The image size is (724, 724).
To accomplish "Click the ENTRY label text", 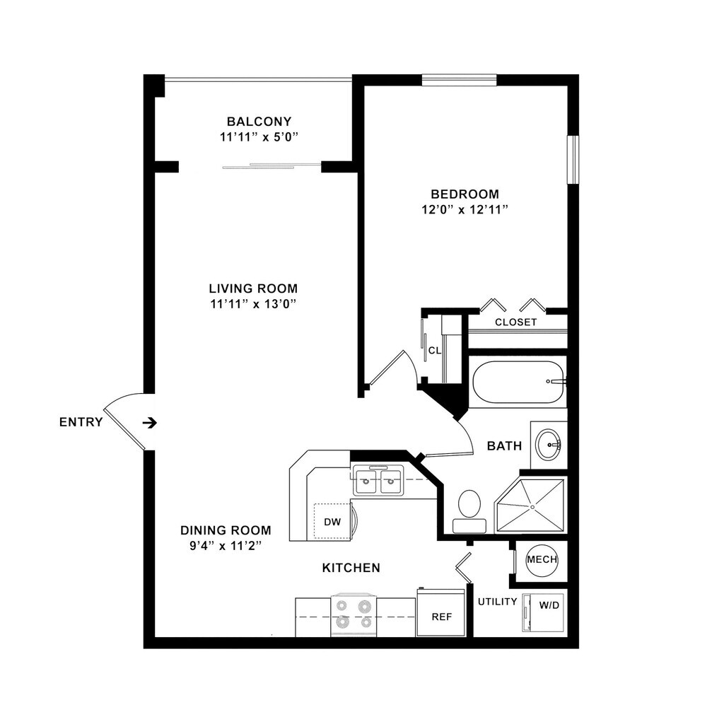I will [81, 422].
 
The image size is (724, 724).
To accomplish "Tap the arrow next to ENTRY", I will [149, 423].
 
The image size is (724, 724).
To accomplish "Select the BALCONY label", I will [259, 122].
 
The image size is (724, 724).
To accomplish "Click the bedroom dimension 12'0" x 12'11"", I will [465, 209].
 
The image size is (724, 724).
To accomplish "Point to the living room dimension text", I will [253, 304].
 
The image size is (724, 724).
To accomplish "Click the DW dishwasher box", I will [332, 522].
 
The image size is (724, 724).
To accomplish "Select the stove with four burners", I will [354, 614].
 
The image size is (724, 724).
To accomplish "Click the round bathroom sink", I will [548, 445].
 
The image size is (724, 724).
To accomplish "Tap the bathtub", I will [518, 383].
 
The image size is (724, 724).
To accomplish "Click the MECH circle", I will [542, 560].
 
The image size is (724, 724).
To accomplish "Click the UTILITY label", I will [497, 602].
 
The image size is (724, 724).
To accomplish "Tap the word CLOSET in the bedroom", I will [515, 322].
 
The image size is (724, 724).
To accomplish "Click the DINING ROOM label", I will [226, 530].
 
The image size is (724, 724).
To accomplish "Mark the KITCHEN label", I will [351, 568].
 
